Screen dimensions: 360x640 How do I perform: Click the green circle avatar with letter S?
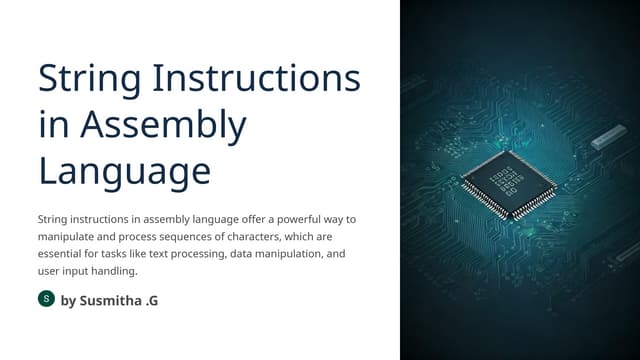(46, 299)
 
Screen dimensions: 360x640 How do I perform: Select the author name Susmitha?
(123, 300)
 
